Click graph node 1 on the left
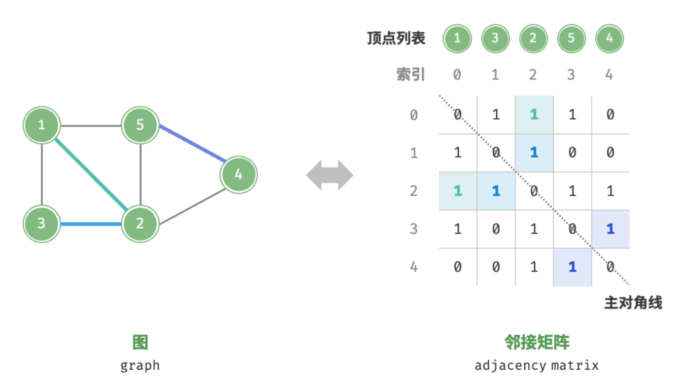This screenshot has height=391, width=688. pos(42,125)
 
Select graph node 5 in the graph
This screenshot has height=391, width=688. pos(140,125)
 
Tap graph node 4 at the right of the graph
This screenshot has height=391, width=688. pos(238,175)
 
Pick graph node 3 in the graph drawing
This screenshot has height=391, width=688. pos(42,223)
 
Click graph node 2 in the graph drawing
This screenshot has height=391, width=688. pos(140,223)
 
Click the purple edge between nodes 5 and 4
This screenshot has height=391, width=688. pos(193,144)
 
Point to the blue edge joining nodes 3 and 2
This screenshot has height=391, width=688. pos(91,223)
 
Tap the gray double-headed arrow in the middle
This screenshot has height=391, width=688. pos(330,175)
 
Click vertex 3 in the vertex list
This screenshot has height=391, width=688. pos(495,38)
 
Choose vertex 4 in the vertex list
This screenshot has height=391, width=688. pos(609,38)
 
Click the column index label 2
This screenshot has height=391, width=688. pos(533,75)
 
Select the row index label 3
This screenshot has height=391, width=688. pos(414,229)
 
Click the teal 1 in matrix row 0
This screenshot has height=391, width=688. pos(533,114)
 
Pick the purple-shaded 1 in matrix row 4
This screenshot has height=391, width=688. pos(572,267)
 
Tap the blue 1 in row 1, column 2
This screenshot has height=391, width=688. pos(533,152)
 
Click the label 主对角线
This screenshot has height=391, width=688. pos(633,303)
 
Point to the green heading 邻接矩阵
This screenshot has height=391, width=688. pos(536,342)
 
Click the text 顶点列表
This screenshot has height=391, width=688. pos(396,38)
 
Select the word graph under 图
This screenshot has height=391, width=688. pos(140,365)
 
